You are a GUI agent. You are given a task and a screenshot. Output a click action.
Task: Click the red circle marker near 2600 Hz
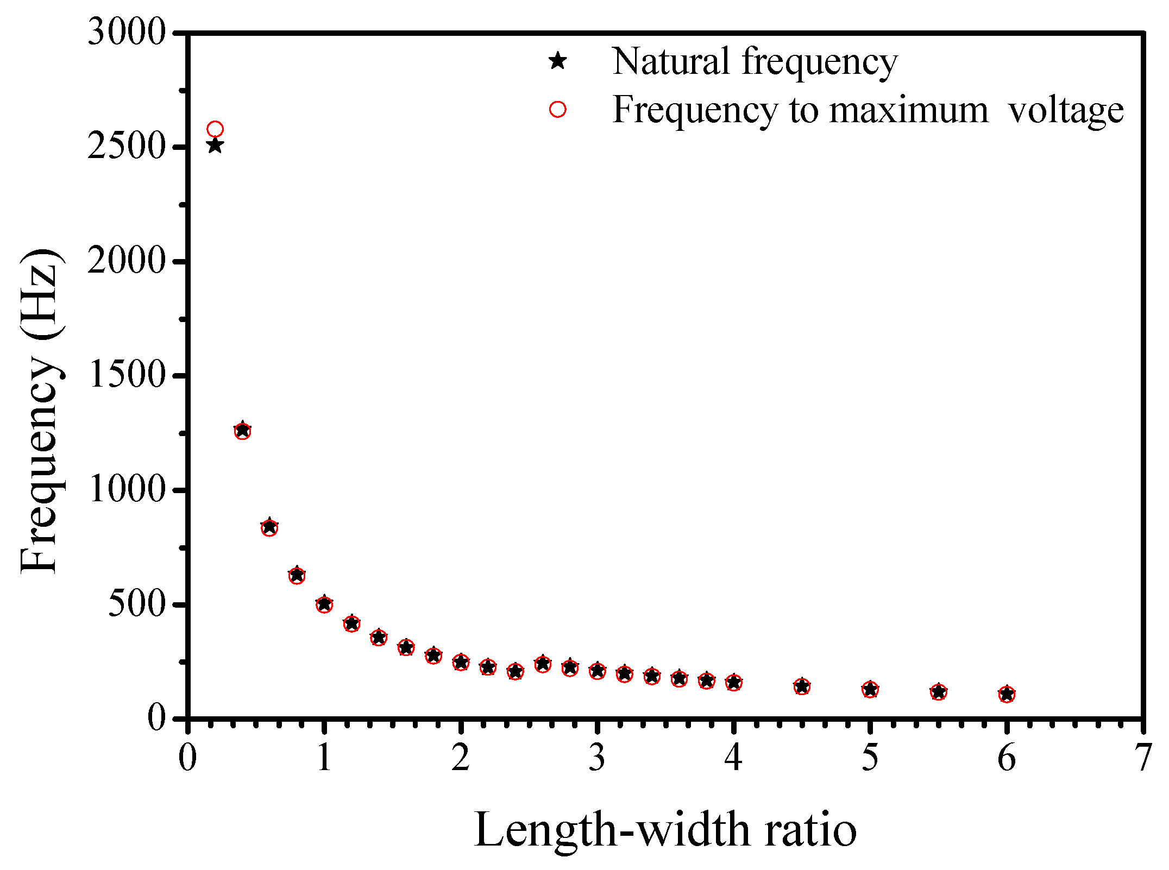pos(215,129)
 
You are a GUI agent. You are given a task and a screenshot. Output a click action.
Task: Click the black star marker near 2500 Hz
pos(215,146)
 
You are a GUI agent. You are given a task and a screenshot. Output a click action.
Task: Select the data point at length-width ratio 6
pos(1007,694)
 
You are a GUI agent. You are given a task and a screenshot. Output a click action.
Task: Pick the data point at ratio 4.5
pos(802,686)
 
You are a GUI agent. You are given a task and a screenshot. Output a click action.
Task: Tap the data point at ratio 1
pos(324,604)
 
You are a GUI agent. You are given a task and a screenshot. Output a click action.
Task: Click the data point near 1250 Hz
pos(242,431)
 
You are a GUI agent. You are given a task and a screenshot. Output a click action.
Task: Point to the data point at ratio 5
pos(870,690)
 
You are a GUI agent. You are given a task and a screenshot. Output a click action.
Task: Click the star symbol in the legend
pos(557,61)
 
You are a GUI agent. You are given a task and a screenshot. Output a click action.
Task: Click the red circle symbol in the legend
pos(557,110)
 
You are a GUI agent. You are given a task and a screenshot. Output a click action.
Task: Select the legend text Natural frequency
pos(754,61)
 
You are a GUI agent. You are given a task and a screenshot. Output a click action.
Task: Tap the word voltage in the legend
pos(1065,111)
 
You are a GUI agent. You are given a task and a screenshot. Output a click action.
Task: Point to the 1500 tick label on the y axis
pos(126,375)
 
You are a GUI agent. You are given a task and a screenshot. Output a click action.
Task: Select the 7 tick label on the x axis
pos(1143,758)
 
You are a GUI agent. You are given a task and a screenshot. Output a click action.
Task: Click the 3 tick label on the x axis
pos(597,758)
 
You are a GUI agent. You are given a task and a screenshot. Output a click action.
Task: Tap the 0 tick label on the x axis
pos(187,758)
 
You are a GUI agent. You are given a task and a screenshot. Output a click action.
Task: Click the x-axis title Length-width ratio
pos(665,830)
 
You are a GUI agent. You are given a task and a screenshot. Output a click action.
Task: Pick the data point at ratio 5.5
pos(939,692)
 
